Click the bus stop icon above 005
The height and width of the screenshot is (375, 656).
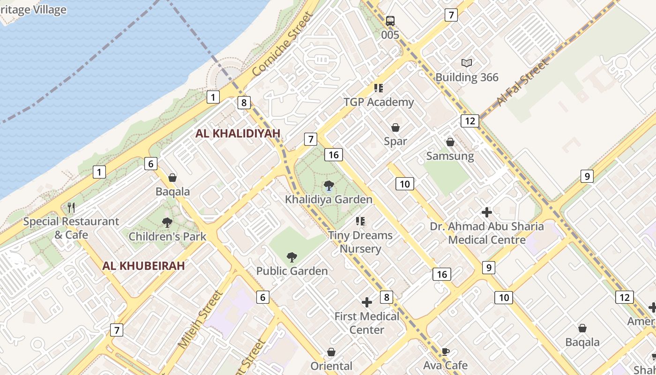(x=390, y=21)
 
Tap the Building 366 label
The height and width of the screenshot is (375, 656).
(x=467, y=77)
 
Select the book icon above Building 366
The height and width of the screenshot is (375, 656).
(x=467, y=63)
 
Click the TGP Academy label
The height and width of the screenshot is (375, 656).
(x=379, y=102)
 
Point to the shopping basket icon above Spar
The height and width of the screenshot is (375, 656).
(x=395, y=127)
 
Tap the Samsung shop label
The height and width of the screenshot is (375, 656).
(x=450, y=156)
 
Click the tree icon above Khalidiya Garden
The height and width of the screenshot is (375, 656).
(x=328, y=186)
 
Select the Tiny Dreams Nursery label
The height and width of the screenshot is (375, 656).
(x=360, y=242)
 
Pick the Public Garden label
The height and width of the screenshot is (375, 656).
(x=292, y=271)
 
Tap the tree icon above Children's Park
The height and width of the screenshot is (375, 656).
(x=167, y=223)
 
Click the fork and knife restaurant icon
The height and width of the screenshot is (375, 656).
(x=71, y=207)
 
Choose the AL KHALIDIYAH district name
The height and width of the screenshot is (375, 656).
(x=238, y=134)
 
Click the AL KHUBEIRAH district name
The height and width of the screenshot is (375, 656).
(x=143, y=266)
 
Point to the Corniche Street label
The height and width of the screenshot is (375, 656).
(x=282, y=45)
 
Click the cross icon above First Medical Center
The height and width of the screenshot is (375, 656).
(x=367, y=302)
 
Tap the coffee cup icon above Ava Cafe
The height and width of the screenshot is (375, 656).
(x=445, y=352)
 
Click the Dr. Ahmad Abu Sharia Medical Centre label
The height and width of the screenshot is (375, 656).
(x=487, y=233)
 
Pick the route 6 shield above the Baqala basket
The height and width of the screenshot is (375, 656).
(x=150, y=164)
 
